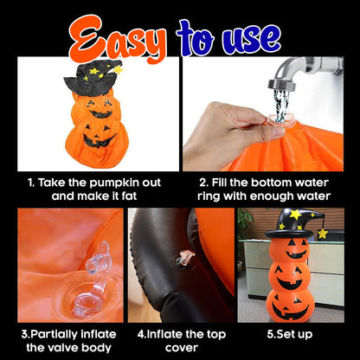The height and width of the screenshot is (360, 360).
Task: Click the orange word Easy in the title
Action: [x=118, y=40]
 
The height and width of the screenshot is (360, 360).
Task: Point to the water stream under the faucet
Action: [x=280, y=104]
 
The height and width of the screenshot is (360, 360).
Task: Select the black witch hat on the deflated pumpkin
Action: [x=93, y=78]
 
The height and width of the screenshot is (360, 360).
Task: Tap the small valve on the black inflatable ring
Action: [x=184, y=258]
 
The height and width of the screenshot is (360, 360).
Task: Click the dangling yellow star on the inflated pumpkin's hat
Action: [x=323, y=234]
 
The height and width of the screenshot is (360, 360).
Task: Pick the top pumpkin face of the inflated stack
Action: [x=290, y=250]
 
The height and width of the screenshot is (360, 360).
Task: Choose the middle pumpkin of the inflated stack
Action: [x=290, y=277]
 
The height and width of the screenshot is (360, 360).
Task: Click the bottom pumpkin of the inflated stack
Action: [x=290, y=305]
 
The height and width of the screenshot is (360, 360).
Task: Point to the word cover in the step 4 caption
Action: [x=182, y=348]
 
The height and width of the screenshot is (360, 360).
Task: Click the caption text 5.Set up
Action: [x=289, y=335]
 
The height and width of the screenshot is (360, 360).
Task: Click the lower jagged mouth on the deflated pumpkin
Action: [x=99, y=140]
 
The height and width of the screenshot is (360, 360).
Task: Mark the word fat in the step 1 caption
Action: [x=129, y=196]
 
